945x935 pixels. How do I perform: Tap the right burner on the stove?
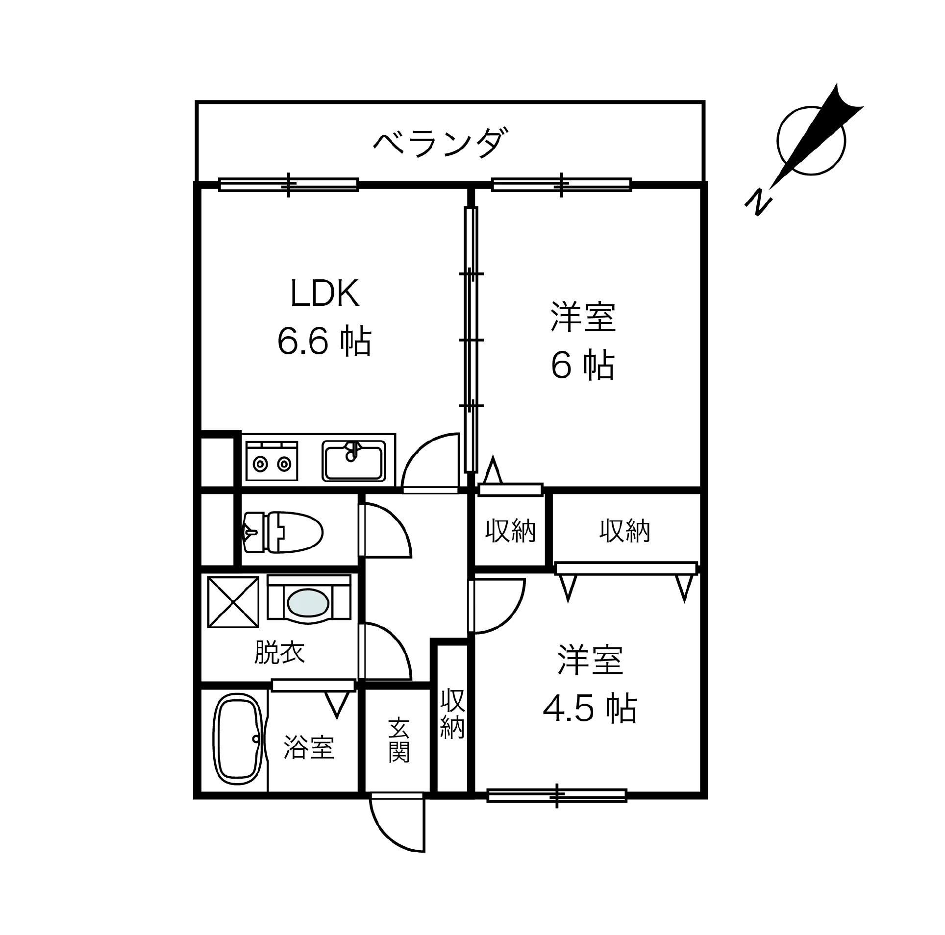(284, 463)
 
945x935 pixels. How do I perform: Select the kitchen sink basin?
(354, 464)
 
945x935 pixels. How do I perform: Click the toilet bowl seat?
(299, 532)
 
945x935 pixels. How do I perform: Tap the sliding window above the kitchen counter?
(288, 185)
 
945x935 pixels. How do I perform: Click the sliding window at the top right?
(561, 185)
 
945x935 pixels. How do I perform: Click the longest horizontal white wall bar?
(626, 569)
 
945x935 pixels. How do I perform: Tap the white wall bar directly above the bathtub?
(313, 686)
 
